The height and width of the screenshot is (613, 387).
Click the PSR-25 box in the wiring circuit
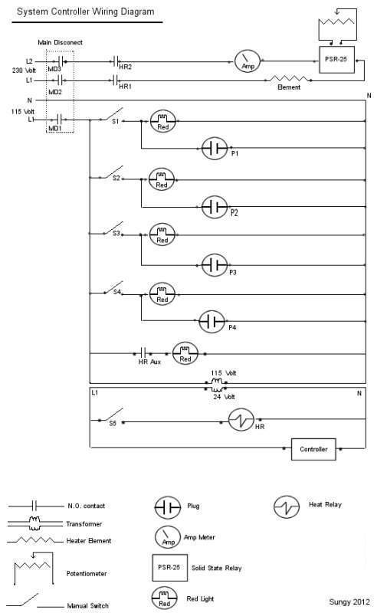pyautogui.click(x=336, y=60)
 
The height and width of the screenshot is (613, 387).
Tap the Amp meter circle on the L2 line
pyautogui.click(x=247, y=61)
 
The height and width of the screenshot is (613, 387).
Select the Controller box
pyautogui.click(x=313, y=449)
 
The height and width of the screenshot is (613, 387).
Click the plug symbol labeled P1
pyautogui.click(x=215, y=148)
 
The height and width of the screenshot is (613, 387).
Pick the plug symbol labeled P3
pyautogui.click(x=215, y=265)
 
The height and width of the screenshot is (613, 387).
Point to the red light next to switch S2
pyautogui.click(x=162, y=180)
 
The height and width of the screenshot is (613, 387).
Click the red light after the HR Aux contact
pyautogui.click(x=185, y=354)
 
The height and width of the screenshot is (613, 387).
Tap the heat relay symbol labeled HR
pyautogui.click(x=241, y=420)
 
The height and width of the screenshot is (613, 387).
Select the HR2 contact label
pyautogui.click(x=125, y=67)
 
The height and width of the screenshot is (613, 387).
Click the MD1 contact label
pyautogui.click(x=54, y=128)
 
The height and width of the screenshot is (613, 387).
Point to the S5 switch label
pyautogui.click(x=113, y=423)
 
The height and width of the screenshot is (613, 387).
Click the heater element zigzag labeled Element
pyautogui.click(x=289, y=79)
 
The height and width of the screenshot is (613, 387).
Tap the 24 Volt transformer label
pyautogui.click(x=224, y=397)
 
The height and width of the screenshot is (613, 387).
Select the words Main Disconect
pyautogui.click(x=61, y=42)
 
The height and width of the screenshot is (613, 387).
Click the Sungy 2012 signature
pyautogui.click(x=349, y=602)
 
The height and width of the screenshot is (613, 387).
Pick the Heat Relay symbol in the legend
pyautogui.click(x=287, y=507)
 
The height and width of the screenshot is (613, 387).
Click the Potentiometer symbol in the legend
pyautogui.click(x=33, y=567)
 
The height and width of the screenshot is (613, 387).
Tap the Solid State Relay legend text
pyautogui.click(x=217, y=568)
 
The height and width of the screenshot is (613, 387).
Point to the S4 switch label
pyautogui.click(x=117, y=292)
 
